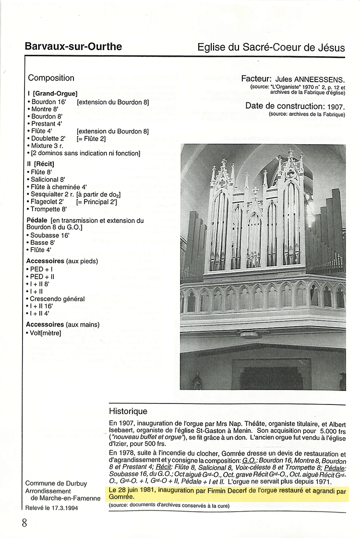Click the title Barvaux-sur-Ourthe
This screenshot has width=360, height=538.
(73, 47)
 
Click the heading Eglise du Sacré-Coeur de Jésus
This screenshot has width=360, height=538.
(271, 48)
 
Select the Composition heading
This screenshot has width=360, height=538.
(51, 78)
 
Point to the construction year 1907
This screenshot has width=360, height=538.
(336, 106)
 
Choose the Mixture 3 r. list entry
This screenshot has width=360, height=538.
(47, 146)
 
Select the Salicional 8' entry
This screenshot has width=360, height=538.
(47, 180)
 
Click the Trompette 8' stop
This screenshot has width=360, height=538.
(48, 209)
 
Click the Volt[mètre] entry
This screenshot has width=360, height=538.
(45, 332)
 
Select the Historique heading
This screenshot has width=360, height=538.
(128, 411)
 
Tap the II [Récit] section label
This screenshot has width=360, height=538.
(41, 164)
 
